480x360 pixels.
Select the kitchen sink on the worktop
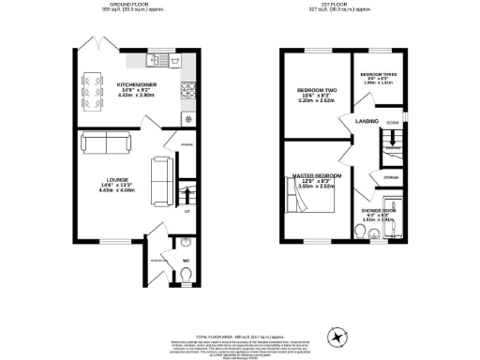[159, 61]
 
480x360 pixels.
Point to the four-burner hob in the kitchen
[187, 90]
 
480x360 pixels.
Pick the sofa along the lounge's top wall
[106, 143]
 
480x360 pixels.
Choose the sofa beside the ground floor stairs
[162, 174]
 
